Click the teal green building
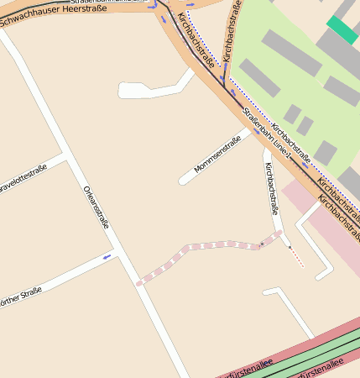coord(342,29)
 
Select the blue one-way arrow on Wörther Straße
coord(107,256)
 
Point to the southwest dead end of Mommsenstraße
coord(183,181)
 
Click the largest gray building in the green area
coord(291,52)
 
